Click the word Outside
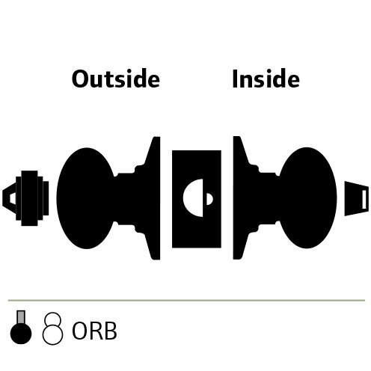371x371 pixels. pos(116,79)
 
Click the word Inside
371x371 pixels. pos(266,79)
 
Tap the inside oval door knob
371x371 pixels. pos(307,197)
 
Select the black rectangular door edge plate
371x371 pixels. pos(197,199)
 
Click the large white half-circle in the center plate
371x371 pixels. pos(193,197)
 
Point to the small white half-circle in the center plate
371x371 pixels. pos(209,199)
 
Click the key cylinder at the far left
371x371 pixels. pos(25,198)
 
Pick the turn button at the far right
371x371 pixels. pos(357,198)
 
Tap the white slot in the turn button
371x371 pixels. pos(364,199)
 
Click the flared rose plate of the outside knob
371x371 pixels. pos(153,198)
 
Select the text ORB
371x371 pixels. pos(94,331)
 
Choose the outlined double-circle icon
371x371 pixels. pos(52,328)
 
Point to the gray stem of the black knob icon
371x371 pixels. pos(21,317)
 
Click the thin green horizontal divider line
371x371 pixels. pos(186,301)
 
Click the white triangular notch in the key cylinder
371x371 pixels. pos(13,198)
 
